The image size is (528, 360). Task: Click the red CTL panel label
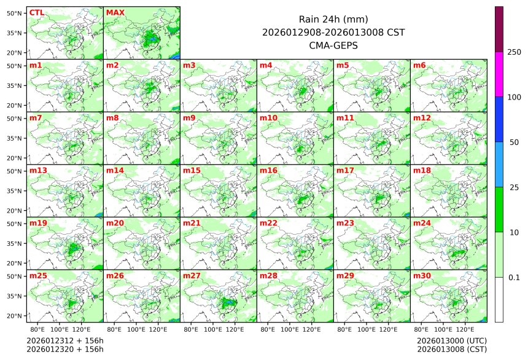(x=37, y=13)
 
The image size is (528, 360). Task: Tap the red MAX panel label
(x=115, y=13)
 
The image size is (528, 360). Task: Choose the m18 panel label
(x=422, y=170)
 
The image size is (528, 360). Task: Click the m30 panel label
(x=422, y=276)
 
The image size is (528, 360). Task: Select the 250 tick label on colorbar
(x=514, y=52)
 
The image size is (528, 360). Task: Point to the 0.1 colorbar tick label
(x=514, y=278)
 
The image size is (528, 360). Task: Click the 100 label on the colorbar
(x=514, y=97)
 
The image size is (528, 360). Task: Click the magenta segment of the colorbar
(x=499, y=74)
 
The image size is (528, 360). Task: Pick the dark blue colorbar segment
(x=499, y=119)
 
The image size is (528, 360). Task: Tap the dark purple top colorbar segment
(x=499, y=29)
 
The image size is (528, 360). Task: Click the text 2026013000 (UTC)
(x=452, y=340)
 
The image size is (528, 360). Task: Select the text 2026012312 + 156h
(x=65, y=340)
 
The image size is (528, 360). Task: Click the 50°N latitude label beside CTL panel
(x=15, y=13)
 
